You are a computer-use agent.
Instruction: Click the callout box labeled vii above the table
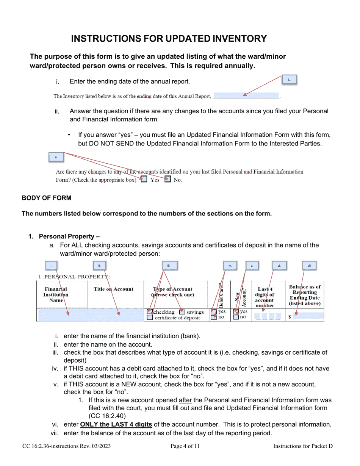[309, 266]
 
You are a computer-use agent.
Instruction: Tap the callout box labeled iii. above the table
[169, 266]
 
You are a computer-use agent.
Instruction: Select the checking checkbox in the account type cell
[150, 312]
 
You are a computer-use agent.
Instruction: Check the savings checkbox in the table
[182, 312]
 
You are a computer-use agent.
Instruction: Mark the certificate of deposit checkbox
[150, 318]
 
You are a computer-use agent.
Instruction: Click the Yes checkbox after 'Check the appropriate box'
[144, 180]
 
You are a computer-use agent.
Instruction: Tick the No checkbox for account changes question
[167, 180]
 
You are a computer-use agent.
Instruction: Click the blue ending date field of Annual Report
[246, 96]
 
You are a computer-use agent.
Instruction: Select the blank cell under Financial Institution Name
[62, 315]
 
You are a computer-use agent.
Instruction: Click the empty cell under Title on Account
[115, 315]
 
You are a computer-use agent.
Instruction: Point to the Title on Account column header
[113, 289]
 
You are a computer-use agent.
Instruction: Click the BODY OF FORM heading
[46, 198]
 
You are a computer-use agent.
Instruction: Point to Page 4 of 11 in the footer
[185, 446]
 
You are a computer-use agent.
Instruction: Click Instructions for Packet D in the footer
[303, 446]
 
